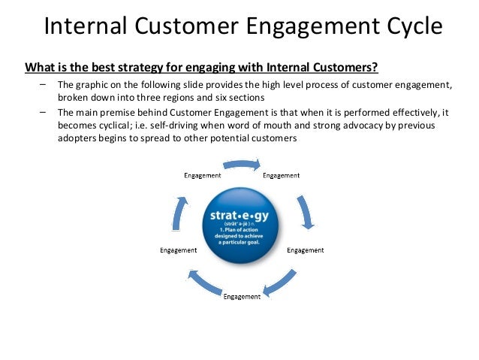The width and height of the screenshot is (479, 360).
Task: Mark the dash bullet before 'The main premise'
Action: tap(43, 112)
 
